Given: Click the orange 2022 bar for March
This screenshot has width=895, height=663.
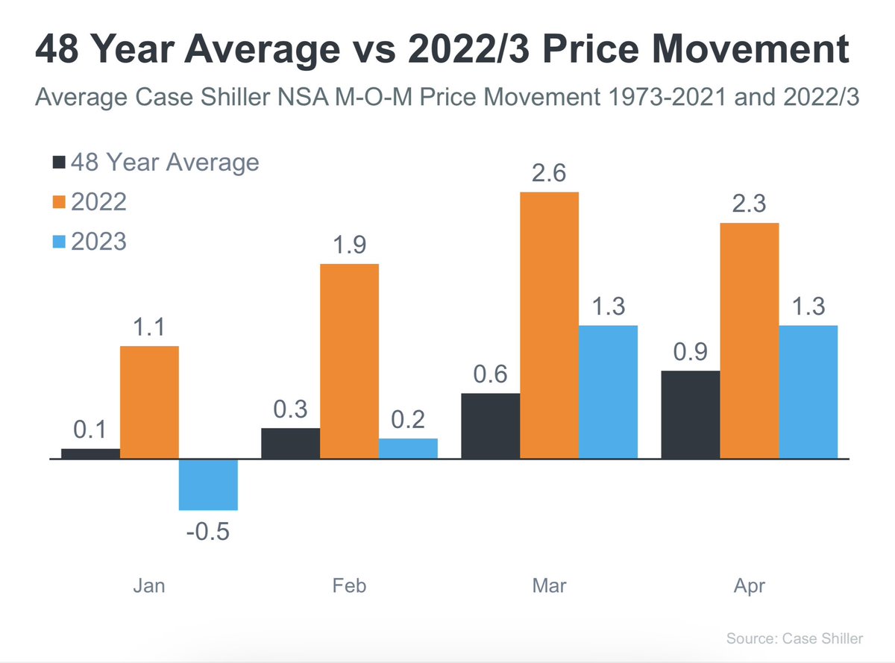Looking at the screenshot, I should (549, 325).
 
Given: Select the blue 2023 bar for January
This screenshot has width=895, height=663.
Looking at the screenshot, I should (208, 485).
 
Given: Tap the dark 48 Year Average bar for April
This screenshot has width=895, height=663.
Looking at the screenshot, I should (691, 415).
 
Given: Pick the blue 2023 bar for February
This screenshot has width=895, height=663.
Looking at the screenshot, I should (408, 449).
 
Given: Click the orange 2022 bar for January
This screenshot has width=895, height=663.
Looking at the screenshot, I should (149, 403).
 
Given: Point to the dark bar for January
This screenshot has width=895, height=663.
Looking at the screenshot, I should (90, 453).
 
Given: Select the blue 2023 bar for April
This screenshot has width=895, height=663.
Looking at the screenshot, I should (808, 392).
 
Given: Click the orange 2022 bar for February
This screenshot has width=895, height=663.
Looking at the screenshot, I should (349, 362).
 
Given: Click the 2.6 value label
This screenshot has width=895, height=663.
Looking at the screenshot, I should (549, 174).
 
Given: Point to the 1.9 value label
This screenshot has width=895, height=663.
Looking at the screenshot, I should (349, 245).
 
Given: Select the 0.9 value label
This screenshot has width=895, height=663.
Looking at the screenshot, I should (691, 351).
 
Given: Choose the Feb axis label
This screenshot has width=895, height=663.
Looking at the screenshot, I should (349, 586).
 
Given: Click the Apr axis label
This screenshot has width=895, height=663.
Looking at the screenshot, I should (749, 586).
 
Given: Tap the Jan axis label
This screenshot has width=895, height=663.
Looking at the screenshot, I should (149, 586).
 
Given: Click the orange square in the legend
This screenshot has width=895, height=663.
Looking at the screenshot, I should (60, 202).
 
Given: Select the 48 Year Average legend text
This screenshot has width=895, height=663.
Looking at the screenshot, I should (165, 162).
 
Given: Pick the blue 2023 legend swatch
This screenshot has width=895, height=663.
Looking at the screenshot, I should (60, 242).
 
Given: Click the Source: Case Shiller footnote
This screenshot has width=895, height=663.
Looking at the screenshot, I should (794, 638).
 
